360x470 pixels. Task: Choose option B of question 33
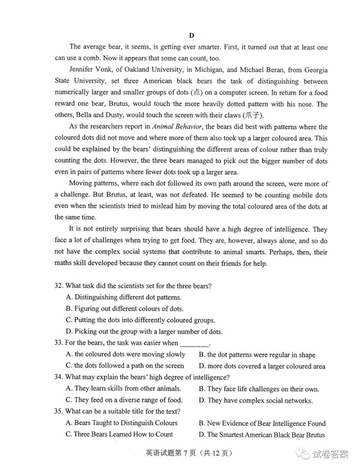click(x=257, y=355)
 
